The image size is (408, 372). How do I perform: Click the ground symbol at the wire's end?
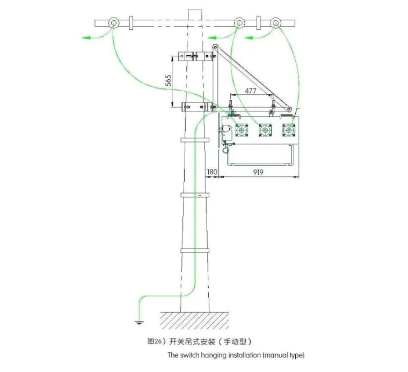click(x=137, y=322)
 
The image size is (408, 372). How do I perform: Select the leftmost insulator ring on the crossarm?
click(x=113, y=24)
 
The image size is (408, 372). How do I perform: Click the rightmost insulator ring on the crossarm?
click(x=276, y=24)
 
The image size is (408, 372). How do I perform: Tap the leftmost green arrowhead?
click(x=85, y=38)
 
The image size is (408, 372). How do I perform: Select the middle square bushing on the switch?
click(x=264, y=130)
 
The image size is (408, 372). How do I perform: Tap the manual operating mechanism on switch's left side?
click(x=227, y=132)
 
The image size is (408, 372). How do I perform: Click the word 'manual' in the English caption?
click(x=275, y=355)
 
